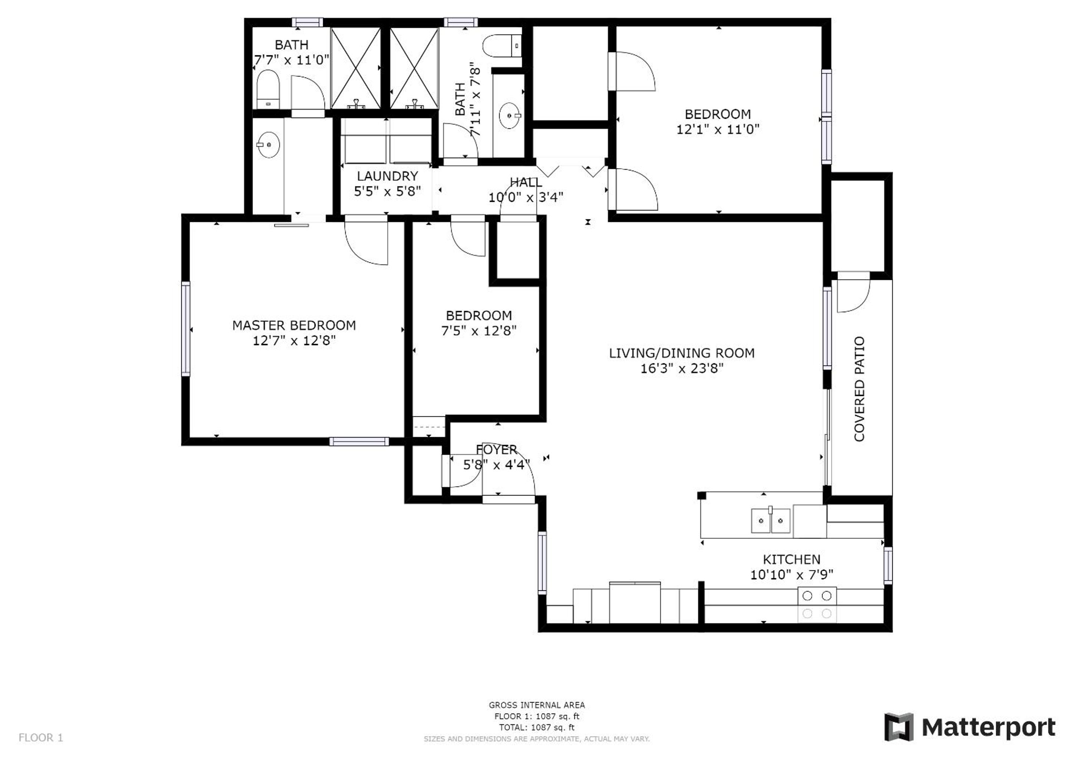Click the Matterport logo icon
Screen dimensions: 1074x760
[x=898, y=727]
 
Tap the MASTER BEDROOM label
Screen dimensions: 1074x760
[x=294, y=325]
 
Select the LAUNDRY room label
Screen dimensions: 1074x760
[x=387, y=176]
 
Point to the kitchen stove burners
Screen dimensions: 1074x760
[x=817, y=605]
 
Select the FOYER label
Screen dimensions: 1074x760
[x=496, y=450]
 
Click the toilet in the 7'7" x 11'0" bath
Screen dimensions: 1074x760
[x=268, y=89]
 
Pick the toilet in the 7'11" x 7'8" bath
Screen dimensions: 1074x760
[x=502, y=46]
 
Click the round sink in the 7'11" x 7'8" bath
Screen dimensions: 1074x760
[x=509, y=115]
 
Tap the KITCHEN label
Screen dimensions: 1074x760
[x=791, y=559]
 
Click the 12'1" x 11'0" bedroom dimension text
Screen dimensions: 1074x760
[x=717, y=129]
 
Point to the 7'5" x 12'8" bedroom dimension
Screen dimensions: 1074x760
[x=479, y=331]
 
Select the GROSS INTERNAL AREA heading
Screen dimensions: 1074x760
[x=536, y=705]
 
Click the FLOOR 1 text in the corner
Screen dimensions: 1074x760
[x=41, y=738]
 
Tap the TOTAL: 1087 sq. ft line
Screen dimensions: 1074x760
[x=536, y=728]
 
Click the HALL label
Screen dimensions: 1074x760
[x=526, y=182]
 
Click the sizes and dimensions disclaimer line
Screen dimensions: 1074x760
[x=536, y=739]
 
